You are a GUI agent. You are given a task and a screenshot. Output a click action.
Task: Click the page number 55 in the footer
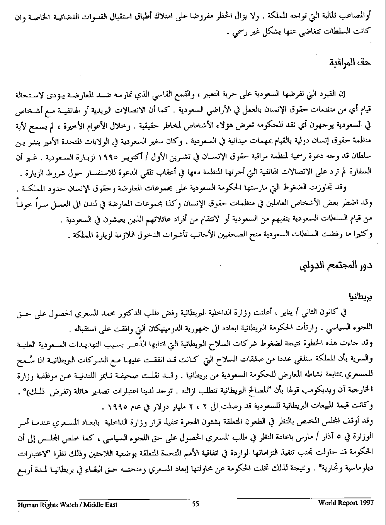click(x=195, y=504)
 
